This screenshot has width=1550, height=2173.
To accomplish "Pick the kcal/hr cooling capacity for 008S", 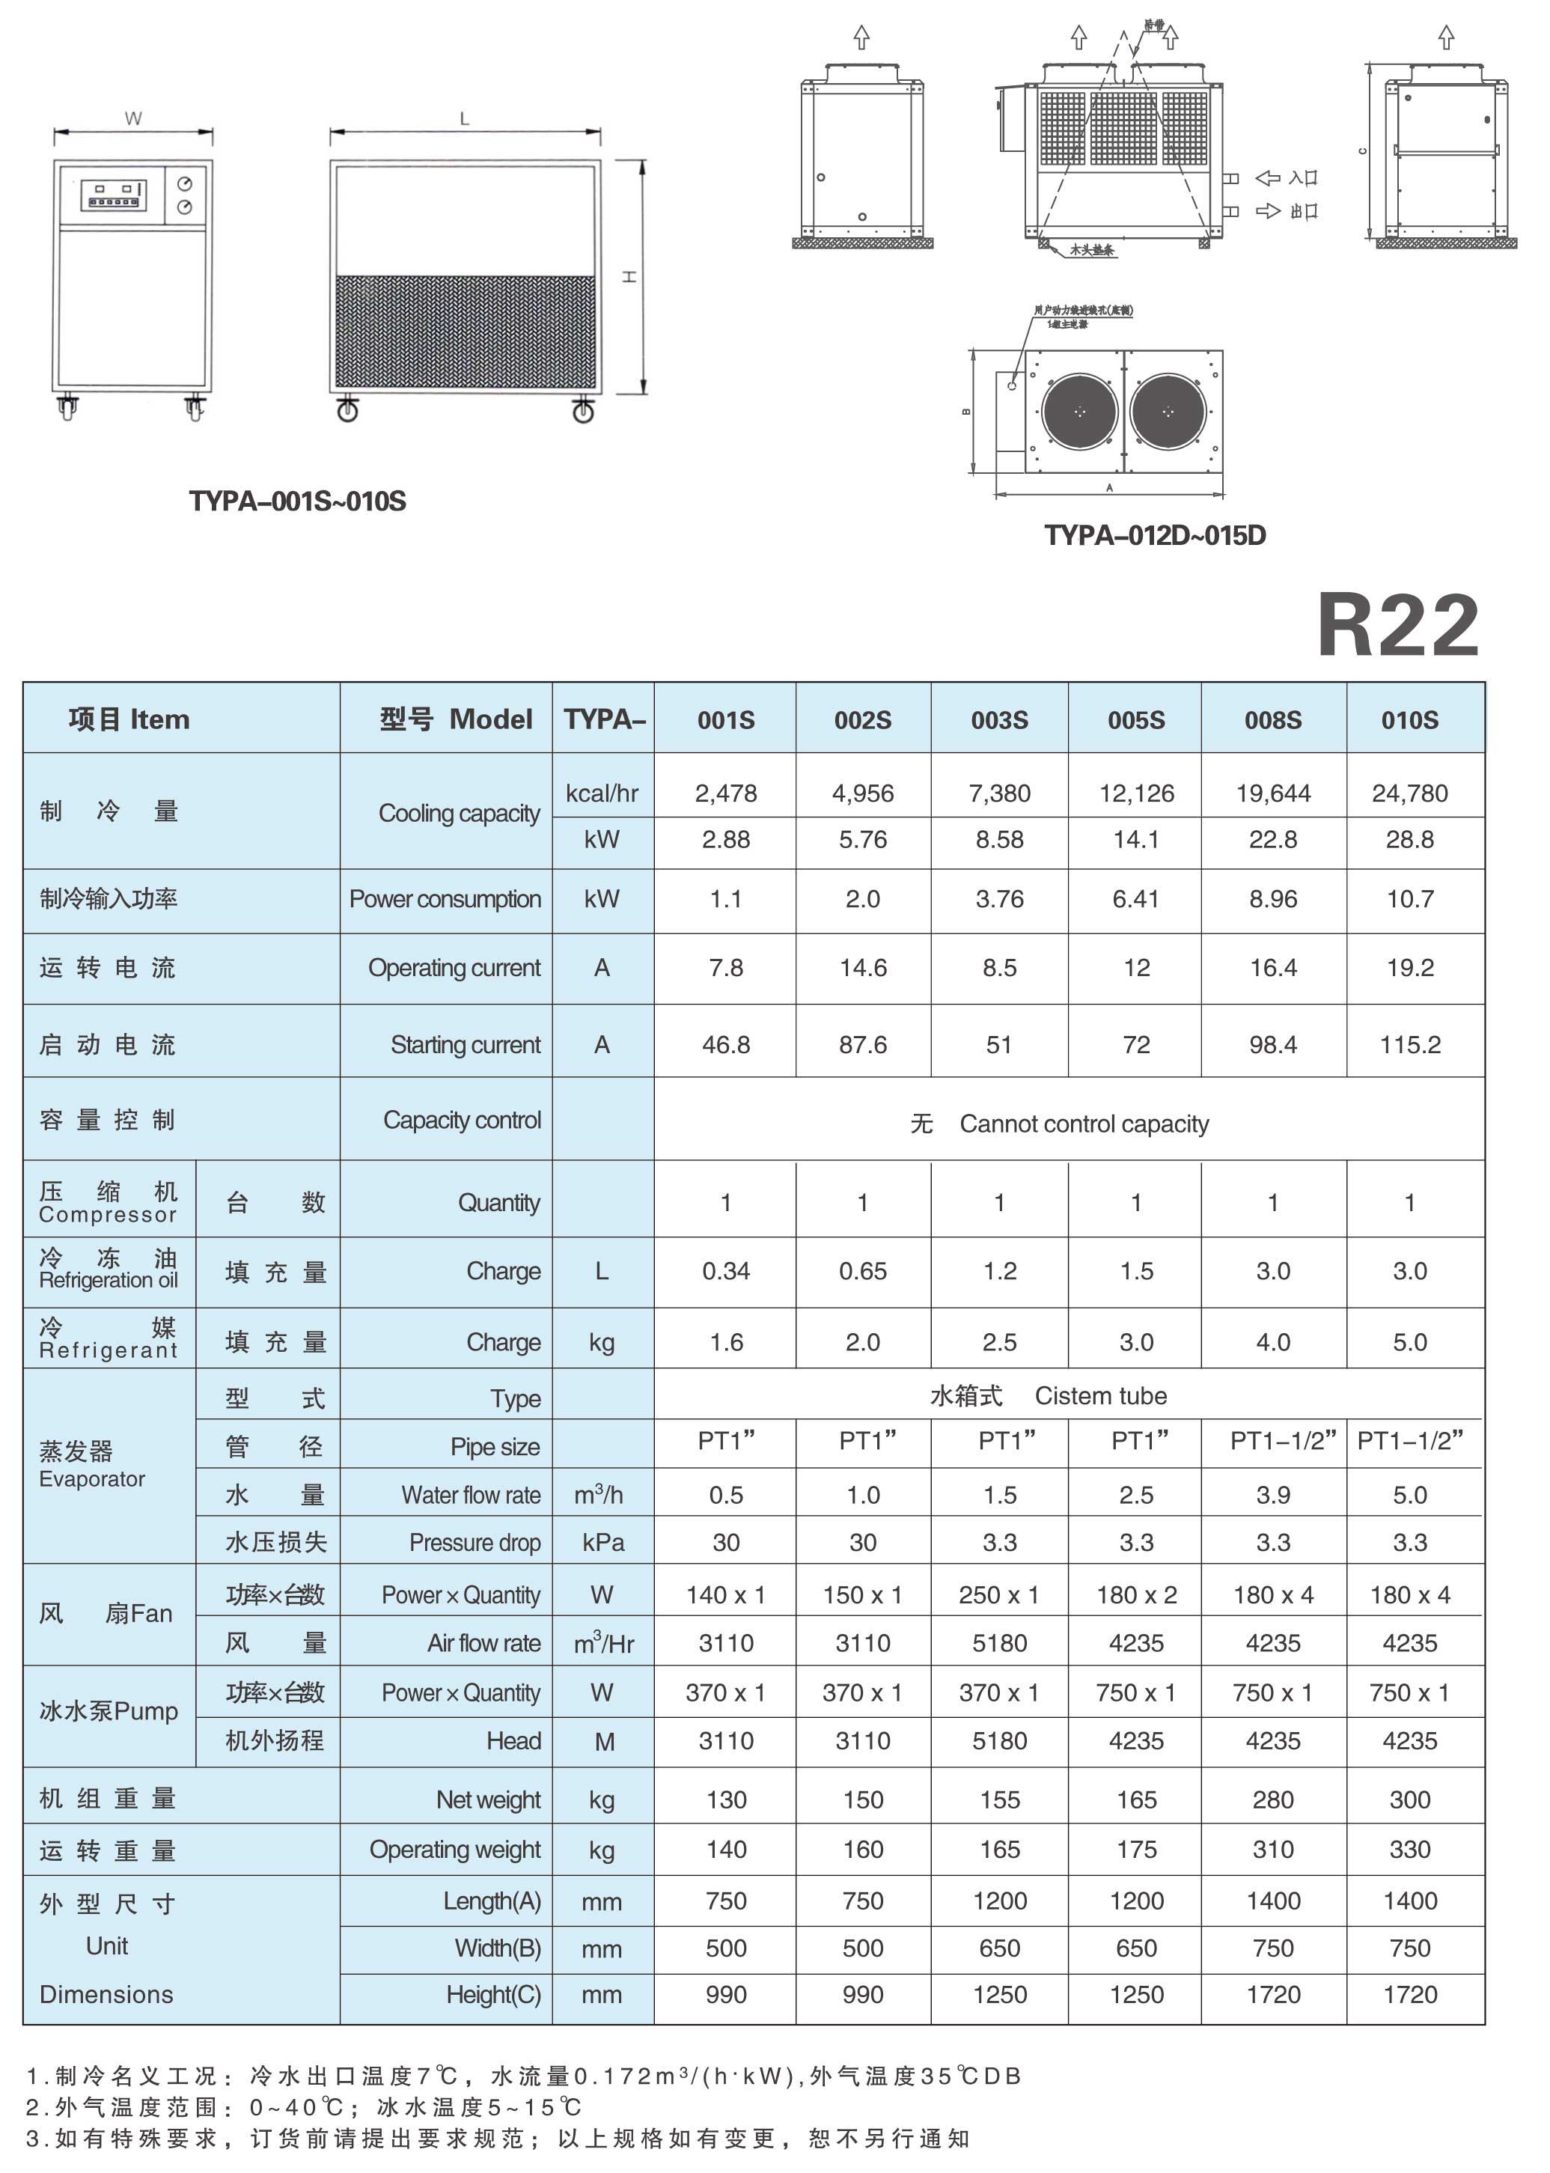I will click(x=1273, y=793).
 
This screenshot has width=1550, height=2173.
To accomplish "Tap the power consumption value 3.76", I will click(x=999, y=899).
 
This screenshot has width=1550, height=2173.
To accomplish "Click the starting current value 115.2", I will click(x=1410, y=1045).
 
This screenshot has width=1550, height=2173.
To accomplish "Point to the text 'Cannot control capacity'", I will click(x=1084, y=1124).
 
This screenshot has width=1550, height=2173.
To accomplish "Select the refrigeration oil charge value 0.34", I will click(x=726, y=1271).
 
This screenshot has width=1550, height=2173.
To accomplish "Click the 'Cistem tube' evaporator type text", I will click(x=1100, y=1396).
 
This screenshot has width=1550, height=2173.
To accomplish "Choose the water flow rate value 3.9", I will click(x=1273, y=1496).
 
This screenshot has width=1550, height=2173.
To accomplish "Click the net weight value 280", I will click(x=1273, y=1800).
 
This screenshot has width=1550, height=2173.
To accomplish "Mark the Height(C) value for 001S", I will click(x=726, y=1995).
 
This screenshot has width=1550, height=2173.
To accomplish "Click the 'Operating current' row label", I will click(x=454, y=968).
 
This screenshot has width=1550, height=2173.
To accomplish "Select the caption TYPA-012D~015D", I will click(x=1155, y=535).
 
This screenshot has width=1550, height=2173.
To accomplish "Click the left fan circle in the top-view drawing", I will click(x=1079, y=411).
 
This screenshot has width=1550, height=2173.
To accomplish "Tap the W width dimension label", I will click(x=132, y=118).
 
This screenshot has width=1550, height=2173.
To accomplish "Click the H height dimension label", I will click(x=630, y=277).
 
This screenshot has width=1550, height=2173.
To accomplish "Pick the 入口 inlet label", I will click(x=1303, y=178).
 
